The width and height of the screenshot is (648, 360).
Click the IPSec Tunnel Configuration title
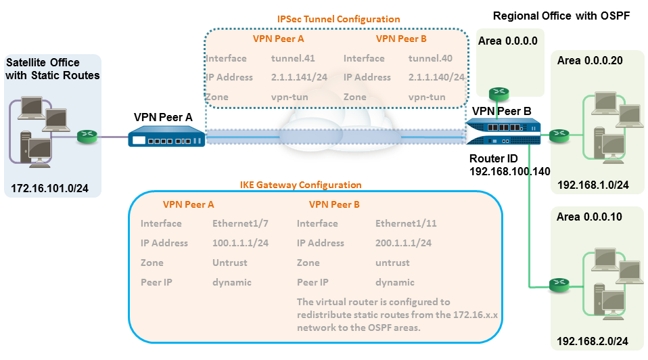(339, 19)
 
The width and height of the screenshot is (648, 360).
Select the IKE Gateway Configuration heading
(301, 185)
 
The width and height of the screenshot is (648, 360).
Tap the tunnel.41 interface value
(293, 59)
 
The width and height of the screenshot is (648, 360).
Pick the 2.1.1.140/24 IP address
(436, 78)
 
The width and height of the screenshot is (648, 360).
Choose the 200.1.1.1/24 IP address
(403, 243)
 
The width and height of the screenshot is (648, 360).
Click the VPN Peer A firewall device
(166, 139)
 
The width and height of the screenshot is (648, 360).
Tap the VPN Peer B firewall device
(504, 132)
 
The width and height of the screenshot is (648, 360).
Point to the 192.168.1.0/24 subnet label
(593, 184)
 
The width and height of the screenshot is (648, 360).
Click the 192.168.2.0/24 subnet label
(593, 342)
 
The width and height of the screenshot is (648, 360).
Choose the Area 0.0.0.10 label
(590, 217)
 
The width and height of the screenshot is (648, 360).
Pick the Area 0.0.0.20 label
(590, 61)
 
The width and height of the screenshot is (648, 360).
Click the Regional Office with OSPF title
(561, 16)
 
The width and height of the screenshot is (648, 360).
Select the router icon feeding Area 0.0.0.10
(559, 283)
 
